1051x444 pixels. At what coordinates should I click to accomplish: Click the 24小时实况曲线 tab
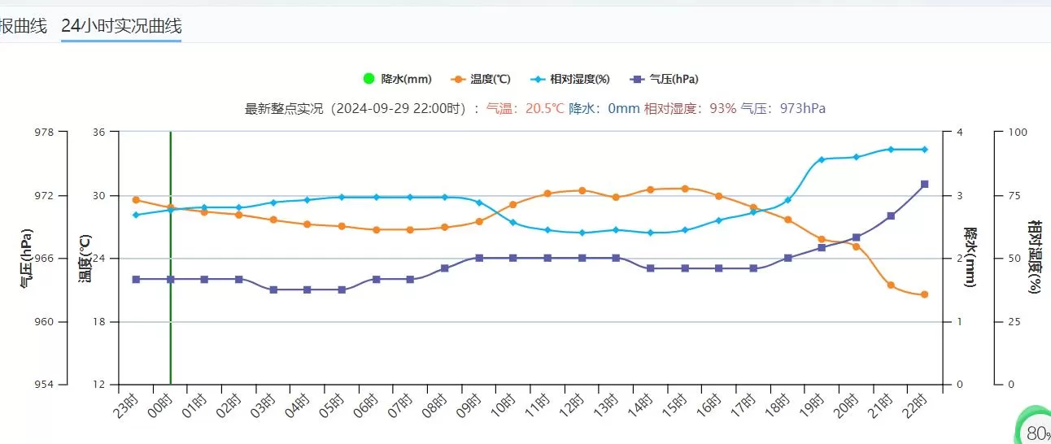pyautogui.click(x=121, y=26)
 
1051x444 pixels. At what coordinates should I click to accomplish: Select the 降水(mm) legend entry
pyautogui.click(x=398, y=79)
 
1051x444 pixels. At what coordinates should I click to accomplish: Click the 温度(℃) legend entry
pyautogui.click(x=482, y=79)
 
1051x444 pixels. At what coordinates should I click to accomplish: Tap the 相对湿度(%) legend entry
pyautogui.click(x=570, y=79)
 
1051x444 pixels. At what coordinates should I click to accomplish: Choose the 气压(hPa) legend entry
pyautogui.click(x=665, y=79)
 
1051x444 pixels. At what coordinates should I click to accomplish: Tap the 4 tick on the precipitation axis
pyautogui.click(x=960, y=132)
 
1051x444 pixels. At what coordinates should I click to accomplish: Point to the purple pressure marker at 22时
pyautogui.click(x=925, y=185)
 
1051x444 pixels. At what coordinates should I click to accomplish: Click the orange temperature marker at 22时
pyautogui.click(x=925, y=294)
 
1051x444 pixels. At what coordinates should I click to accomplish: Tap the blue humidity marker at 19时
pyautogui.click(x=822, y=159)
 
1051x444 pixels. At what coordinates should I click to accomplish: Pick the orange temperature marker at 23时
pyautogui.click(x=136, y=199)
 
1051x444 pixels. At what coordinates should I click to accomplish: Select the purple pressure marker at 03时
pyautogui.click(x=273, y=289)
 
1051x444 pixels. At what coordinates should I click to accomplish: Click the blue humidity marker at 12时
pyautogui.click(x=582, y=233)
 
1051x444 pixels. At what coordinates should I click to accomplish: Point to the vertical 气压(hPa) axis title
pyautogui.click(x=26, y=259)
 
